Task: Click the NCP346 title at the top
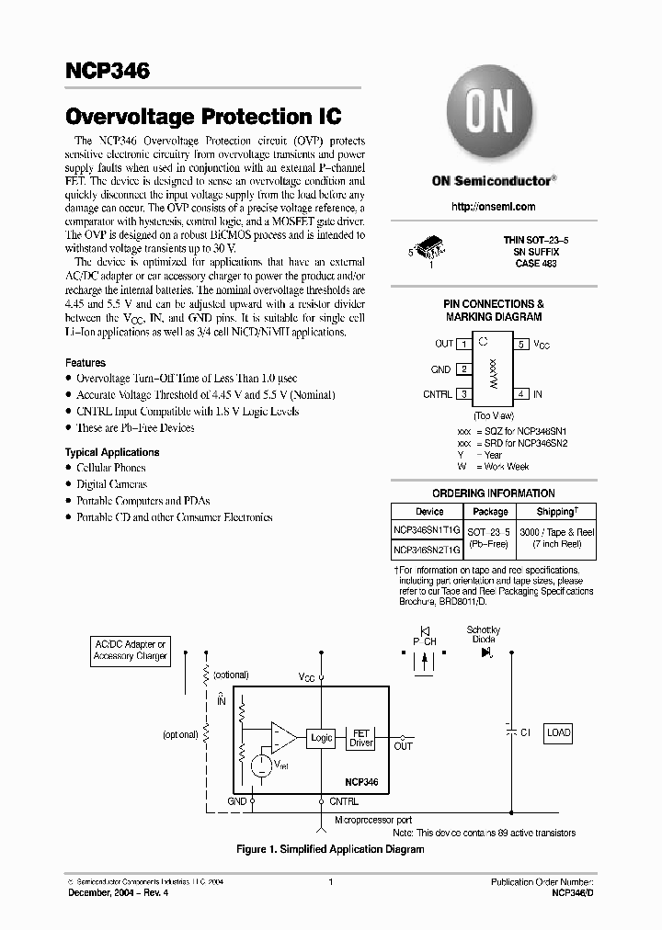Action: click(x=107, y=70)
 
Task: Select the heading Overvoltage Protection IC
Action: click(x=203, y=117)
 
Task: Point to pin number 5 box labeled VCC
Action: click(x=521, y=344)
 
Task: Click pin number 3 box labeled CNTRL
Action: click(x=464, y=394)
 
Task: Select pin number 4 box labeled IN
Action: click(x=521, y=394)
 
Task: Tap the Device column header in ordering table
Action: click(x=429, y=512)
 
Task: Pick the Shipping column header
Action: click(x=555, y=512)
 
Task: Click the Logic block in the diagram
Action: click(x=322, y=738)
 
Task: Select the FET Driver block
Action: click(x=361, y=738)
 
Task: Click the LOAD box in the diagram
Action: click(x=559, y=733)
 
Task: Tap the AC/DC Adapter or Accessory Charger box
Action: click(x=131, y=651)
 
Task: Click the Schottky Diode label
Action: click(x=484, y=633)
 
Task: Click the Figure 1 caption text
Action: click(x=330, y=849)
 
